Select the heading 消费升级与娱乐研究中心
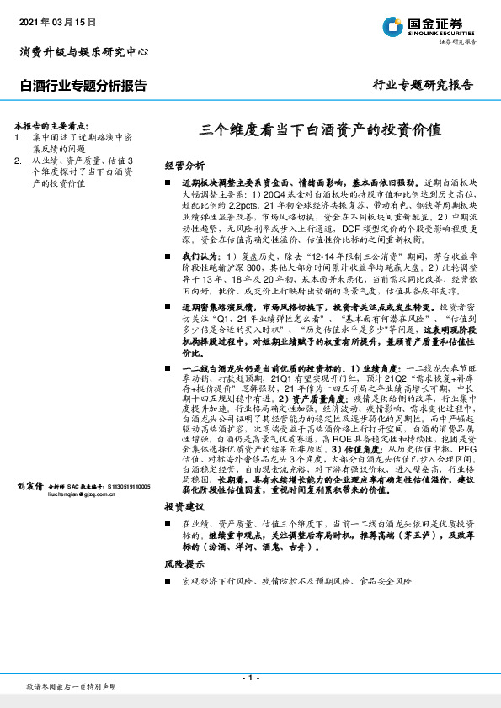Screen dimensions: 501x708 (x=84, y=52)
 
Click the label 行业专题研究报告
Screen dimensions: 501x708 (x=422, y=86)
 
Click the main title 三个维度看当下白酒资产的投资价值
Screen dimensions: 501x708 (x=320, y=130)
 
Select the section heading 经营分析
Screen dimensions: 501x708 (x=184, y=166)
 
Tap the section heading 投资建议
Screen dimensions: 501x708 (x=184, y=508)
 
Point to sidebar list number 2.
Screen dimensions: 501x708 (x=18, y=160)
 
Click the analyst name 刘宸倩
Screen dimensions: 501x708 (x=30, y=487)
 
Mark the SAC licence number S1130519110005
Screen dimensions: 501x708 (x=126, y=487)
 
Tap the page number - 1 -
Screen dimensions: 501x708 (x=250, y=678)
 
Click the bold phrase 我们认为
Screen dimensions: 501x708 (x=198, y=255)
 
